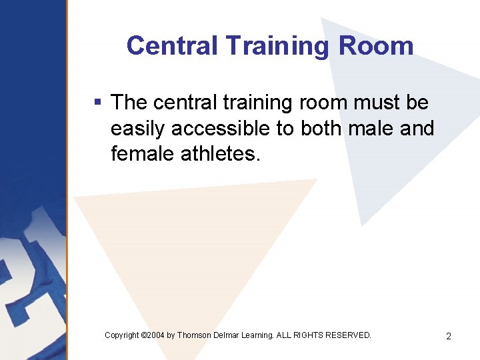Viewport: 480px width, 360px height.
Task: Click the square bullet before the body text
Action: pyautogui.click(x=97, y=103)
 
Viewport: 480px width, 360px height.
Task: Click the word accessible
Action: pyautogui.click(x=221, y=128)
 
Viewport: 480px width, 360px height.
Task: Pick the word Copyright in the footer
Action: pyautogui.click(x=122, y=335)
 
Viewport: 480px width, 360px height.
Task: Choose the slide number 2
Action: pyautogui.click(x=449, y=336)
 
